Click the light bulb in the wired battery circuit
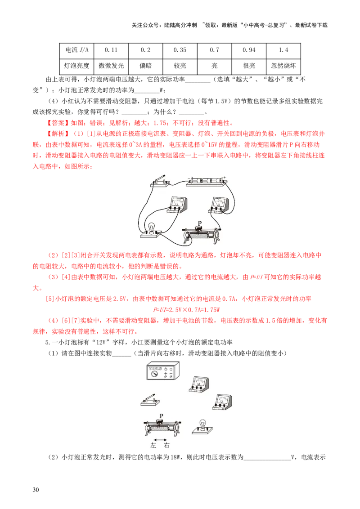(x=151, y=228)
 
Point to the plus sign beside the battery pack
(x=224, y=177)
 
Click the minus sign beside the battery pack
(x=189, y=177)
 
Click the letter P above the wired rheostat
(x=200, y=222)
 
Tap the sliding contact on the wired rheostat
(x=199, y=229)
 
